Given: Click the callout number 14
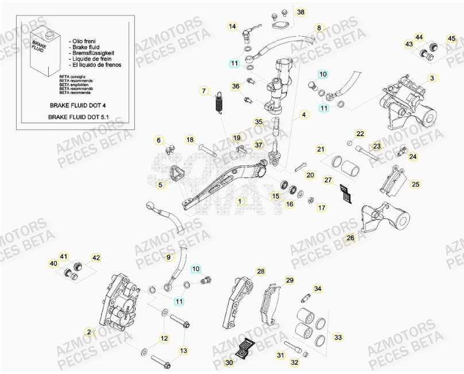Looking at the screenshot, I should pos(232,26).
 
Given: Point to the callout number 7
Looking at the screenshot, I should pos(203,91).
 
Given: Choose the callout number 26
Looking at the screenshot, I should pos(350,237).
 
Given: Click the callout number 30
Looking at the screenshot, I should pos(229,363).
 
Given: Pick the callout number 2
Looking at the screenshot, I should pos(88,332).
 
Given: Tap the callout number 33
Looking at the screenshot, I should pos(338,337).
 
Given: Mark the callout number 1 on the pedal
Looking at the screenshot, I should pos(242,202).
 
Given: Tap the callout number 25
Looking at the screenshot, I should pos(416,184).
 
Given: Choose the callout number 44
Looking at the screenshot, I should pos(419,38).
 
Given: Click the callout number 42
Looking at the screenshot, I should pos(96,258).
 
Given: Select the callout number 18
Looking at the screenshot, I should pos(190,140).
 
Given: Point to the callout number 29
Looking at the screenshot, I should pos(289,280).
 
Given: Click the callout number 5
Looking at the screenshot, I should pos(161,184).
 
